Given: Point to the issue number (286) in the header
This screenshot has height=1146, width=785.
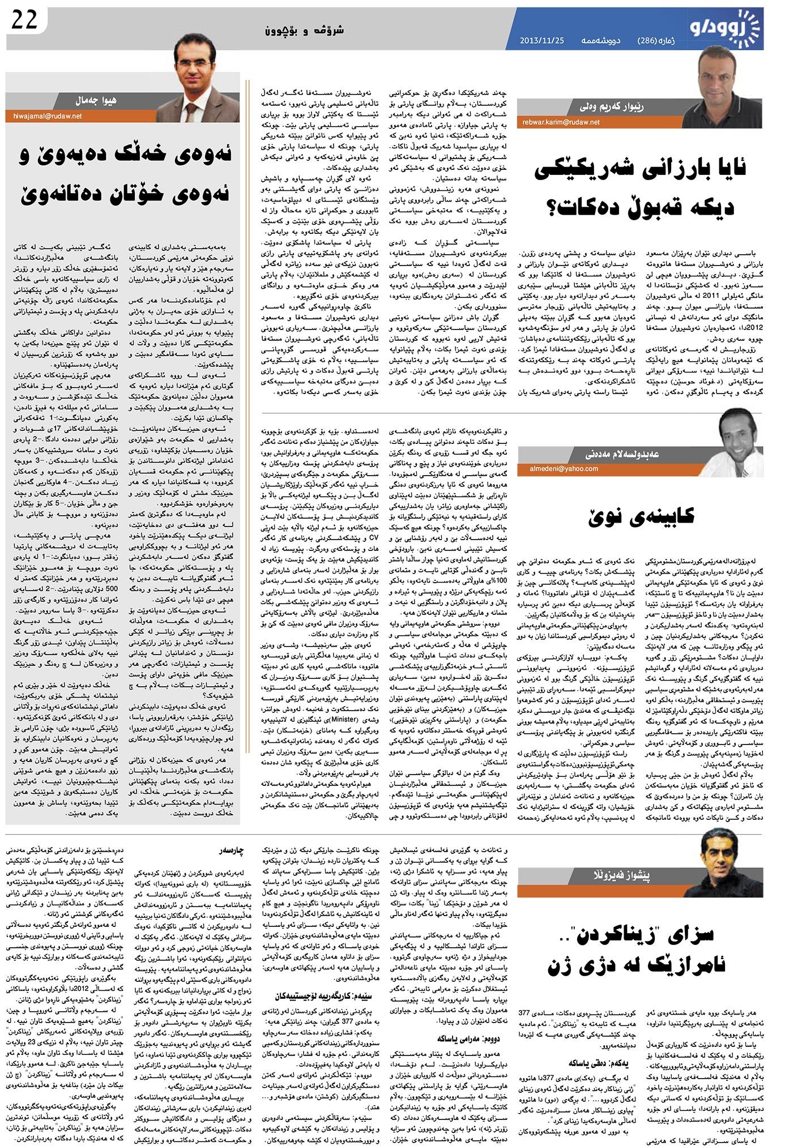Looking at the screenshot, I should (x=651, y=41).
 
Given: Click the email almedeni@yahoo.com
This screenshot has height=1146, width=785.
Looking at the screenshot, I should (x=564, y=468).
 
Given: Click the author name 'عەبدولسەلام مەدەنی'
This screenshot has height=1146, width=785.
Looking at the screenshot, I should (x=621, y=454).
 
